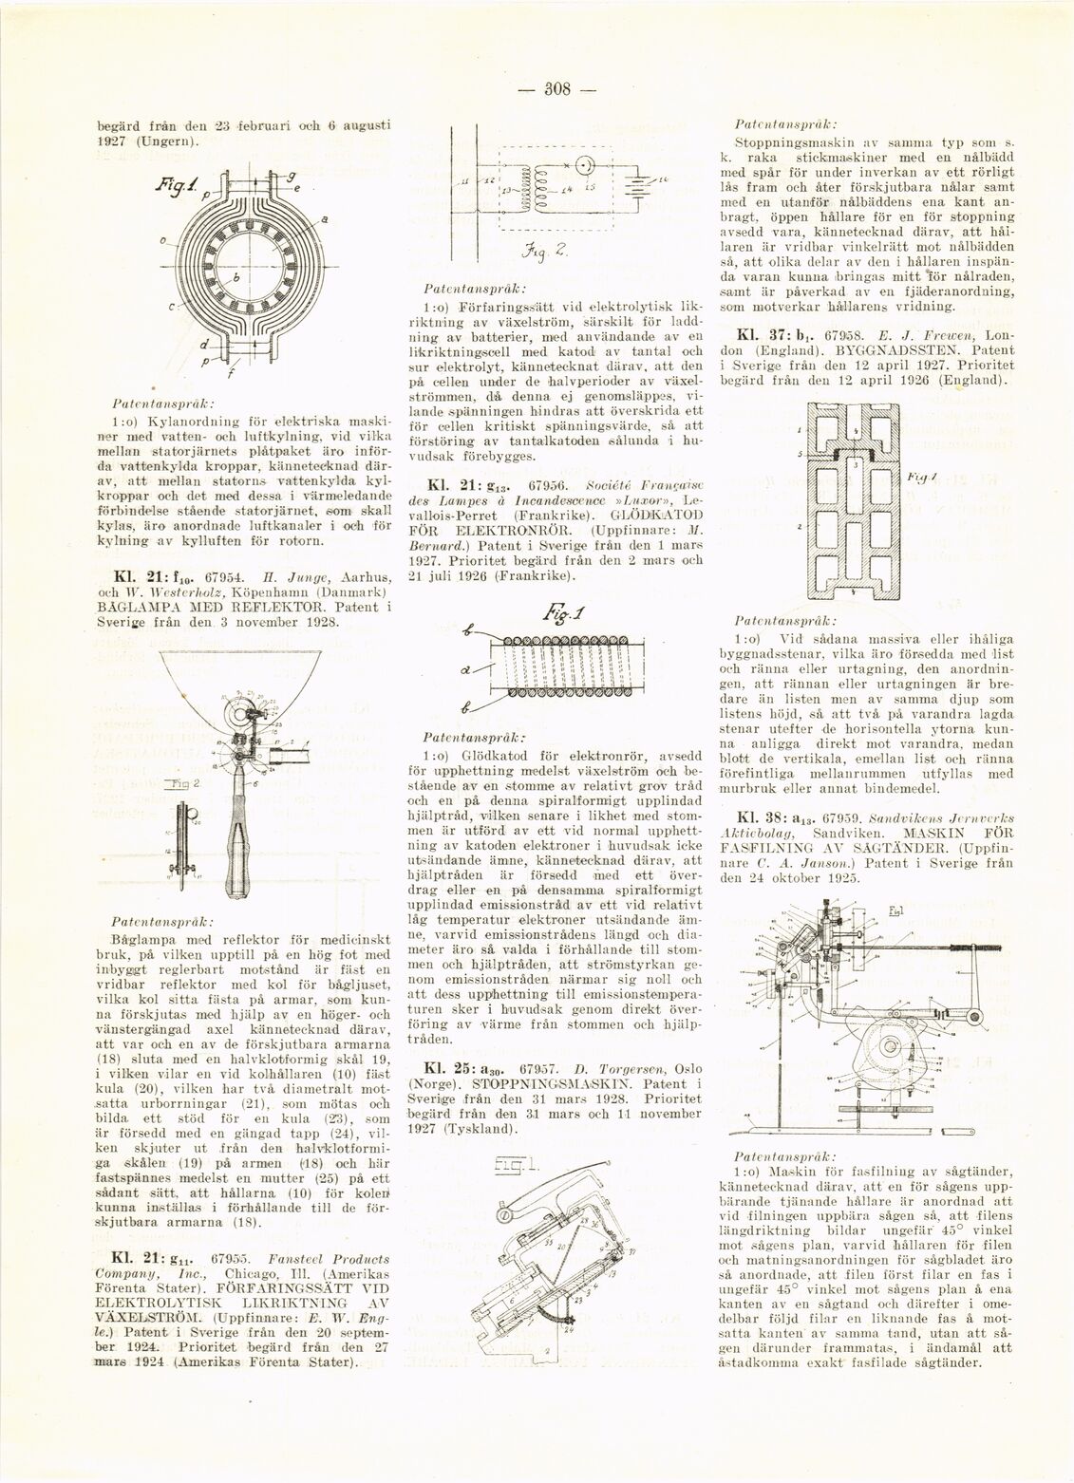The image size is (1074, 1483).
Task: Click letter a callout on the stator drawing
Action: pyautogui.click(x=326, y=219)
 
